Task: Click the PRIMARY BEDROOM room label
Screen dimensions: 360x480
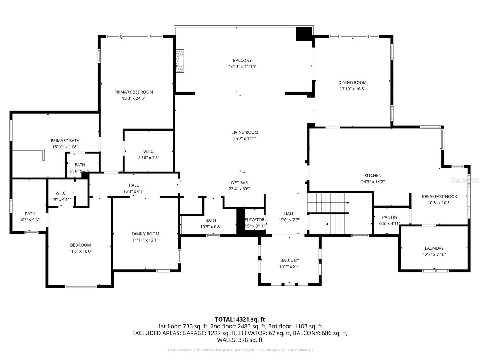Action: [x=133, y=92]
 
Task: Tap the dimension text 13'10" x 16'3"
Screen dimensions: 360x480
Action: [x=352, y=89]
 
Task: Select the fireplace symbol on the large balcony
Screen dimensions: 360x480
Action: [x=180, y=61]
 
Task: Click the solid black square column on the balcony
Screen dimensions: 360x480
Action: [x=304, y=34]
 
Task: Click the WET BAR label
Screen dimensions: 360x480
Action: [x=239, y=182]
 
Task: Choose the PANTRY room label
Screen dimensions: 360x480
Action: [x=390, y=217]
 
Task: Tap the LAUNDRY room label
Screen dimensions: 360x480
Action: [x=434, y=248]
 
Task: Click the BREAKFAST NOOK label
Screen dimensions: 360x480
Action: [x=439, y=196]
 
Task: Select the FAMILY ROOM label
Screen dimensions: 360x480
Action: [x=145, y=234]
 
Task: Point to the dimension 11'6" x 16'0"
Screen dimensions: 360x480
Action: [x=80, y=251]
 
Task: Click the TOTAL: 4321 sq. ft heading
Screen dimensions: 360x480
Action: [x=240, y=319]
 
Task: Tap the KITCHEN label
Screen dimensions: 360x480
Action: [x=373, y=175]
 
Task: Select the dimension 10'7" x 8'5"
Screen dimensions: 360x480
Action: [x=289, y=267]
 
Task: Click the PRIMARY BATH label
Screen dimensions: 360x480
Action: [x=65, y=140]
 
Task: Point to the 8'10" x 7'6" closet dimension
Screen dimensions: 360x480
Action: [x=148, y=158]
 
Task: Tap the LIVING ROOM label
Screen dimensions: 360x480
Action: [x=244, y=132]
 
